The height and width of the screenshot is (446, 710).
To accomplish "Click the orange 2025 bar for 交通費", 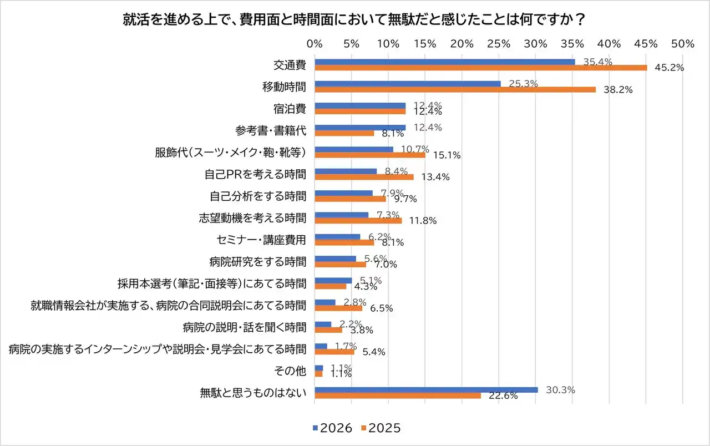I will click(x=480, y=68).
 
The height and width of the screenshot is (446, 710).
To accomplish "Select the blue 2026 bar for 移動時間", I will click(x=408, y=84).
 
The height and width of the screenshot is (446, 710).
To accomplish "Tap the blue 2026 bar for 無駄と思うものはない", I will click(x=426, y=389).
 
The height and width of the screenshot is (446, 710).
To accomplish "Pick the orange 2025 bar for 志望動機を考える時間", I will click(x=358, y=221).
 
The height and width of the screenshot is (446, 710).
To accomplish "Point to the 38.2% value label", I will click(x=618, y=90).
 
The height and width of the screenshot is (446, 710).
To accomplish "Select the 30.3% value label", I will click(x=560, y=390).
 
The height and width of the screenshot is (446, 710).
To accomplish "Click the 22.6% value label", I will click(x=503, y=396).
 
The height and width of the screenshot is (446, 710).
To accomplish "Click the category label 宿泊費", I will click(x=292, y=108).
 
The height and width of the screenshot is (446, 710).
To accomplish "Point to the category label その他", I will click(x=292, y=371).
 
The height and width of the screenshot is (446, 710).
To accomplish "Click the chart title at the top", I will click(x=355, y=20).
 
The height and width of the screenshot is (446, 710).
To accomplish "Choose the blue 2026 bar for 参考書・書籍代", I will click(x=360, y=128).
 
